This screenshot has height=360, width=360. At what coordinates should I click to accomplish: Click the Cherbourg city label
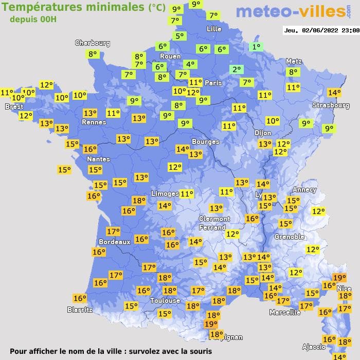[93, 43]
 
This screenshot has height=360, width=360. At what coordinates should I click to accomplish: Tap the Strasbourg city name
[331, 105]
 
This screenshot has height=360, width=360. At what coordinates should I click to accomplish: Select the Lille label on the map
[213, 29]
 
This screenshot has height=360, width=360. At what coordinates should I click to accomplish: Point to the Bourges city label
[205, 141]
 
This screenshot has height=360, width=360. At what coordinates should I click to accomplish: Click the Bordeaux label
[114, 242]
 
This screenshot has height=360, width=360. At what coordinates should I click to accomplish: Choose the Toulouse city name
[165, 300]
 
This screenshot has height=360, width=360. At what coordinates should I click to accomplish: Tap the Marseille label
[285, 312]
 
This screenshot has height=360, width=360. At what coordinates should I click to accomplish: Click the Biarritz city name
[80, 310]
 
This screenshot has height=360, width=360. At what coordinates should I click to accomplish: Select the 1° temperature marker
[256, 47]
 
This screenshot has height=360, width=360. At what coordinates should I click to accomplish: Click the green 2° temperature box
[237, 69]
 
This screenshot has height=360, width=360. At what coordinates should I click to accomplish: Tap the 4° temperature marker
[190, 64]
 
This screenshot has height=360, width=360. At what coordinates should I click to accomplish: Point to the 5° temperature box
[179, 36]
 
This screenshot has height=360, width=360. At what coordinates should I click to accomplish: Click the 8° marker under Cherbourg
[93, 54]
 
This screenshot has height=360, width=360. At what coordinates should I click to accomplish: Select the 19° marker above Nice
[339, 278]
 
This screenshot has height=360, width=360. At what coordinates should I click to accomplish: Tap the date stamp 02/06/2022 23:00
[321, 31]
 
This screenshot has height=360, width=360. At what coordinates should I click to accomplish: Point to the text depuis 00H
[33, 19]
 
